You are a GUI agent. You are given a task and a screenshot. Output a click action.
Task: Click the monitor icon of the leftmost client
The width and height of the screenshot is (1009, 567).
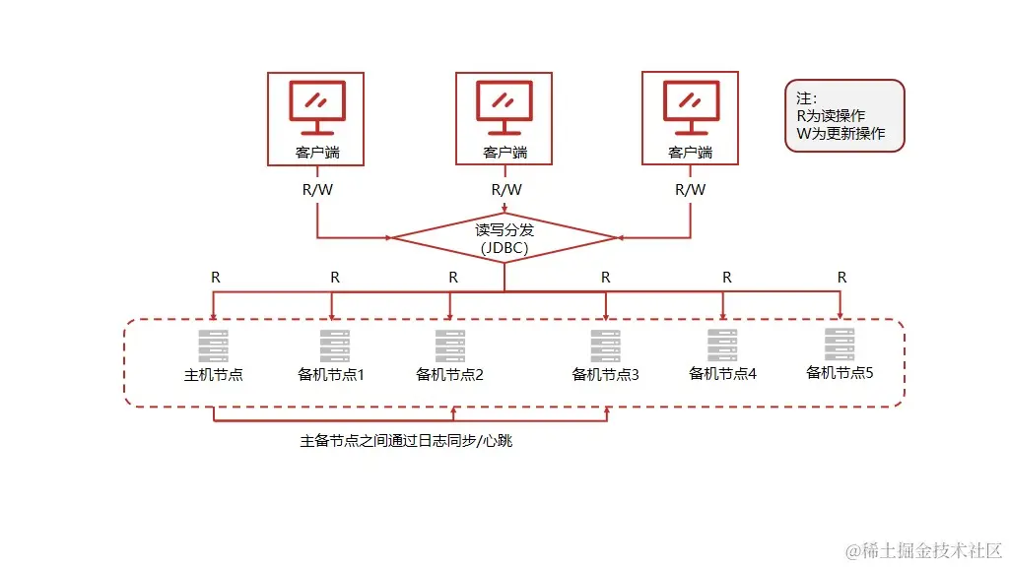tap(316, 107)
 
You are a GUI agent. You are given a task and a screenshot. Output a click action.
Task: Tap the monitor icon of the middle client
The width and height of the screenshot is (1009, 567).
tap(504, 107)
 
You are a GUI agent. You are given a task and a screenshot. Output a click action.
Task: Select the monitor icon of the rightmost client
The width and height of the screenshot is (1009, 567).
tap(690, 107)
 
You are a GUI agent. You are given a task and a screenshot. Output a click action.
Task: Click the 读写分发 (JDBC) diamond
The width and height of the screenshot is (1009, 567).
tap(504, 238)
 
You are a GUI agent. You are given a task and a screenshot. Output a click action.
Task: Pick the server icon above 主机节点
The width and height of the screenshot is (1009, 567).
tap(213, 346)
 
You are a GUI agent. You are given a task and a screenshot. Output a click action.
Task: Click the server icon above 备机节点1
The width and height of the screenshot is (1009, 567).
tap(334, 346)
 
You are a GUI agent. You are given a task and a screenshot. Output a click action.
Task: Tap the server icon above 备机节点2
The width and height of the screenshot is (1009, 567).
tap(450, 346)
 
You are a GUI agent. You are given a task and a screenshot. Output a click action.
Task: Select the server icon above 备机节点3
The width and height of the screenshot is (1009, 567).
tap(606, 346)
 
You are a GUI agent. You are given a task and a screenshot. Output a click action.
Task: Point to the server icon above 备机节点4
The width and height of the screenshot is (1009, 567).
tap(722, 346)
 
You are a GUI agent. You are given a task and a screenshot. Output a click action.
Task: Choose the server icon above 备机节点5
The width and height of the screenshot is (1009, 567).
tap(840, 344)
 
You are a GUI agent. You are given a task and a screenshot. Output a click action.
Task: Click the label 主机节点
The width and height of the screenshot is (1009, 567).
tap(214, 375)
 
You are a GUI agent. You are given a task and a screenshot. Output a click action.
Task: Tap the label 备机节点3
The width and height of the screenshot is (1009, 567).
tap(606, 375)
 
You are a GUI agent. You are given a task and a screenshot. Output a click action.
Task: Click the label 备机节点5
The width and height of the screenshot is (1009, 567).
tap(841, 372)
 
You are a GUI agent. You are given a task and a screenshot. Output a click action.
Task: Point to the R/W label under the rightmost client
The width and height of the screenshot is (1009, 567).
tap(691, 190)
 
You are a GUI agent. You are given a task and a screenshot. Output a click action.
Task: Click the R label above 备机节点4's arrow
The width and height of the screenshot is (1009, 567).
tap(727, 278)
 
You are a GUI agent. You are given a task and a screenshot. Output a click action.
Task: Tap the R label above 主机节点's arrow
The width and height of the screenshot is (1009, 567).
tap(216, 278)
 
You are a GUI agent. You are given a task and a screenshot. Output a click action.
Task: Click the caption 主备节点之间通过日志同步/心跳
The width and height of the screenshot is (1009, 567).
tap(406, 441)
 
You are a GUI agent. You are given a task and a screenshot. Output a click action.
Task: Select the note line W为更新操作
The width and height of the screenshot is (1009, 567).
tap(841, 134)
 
